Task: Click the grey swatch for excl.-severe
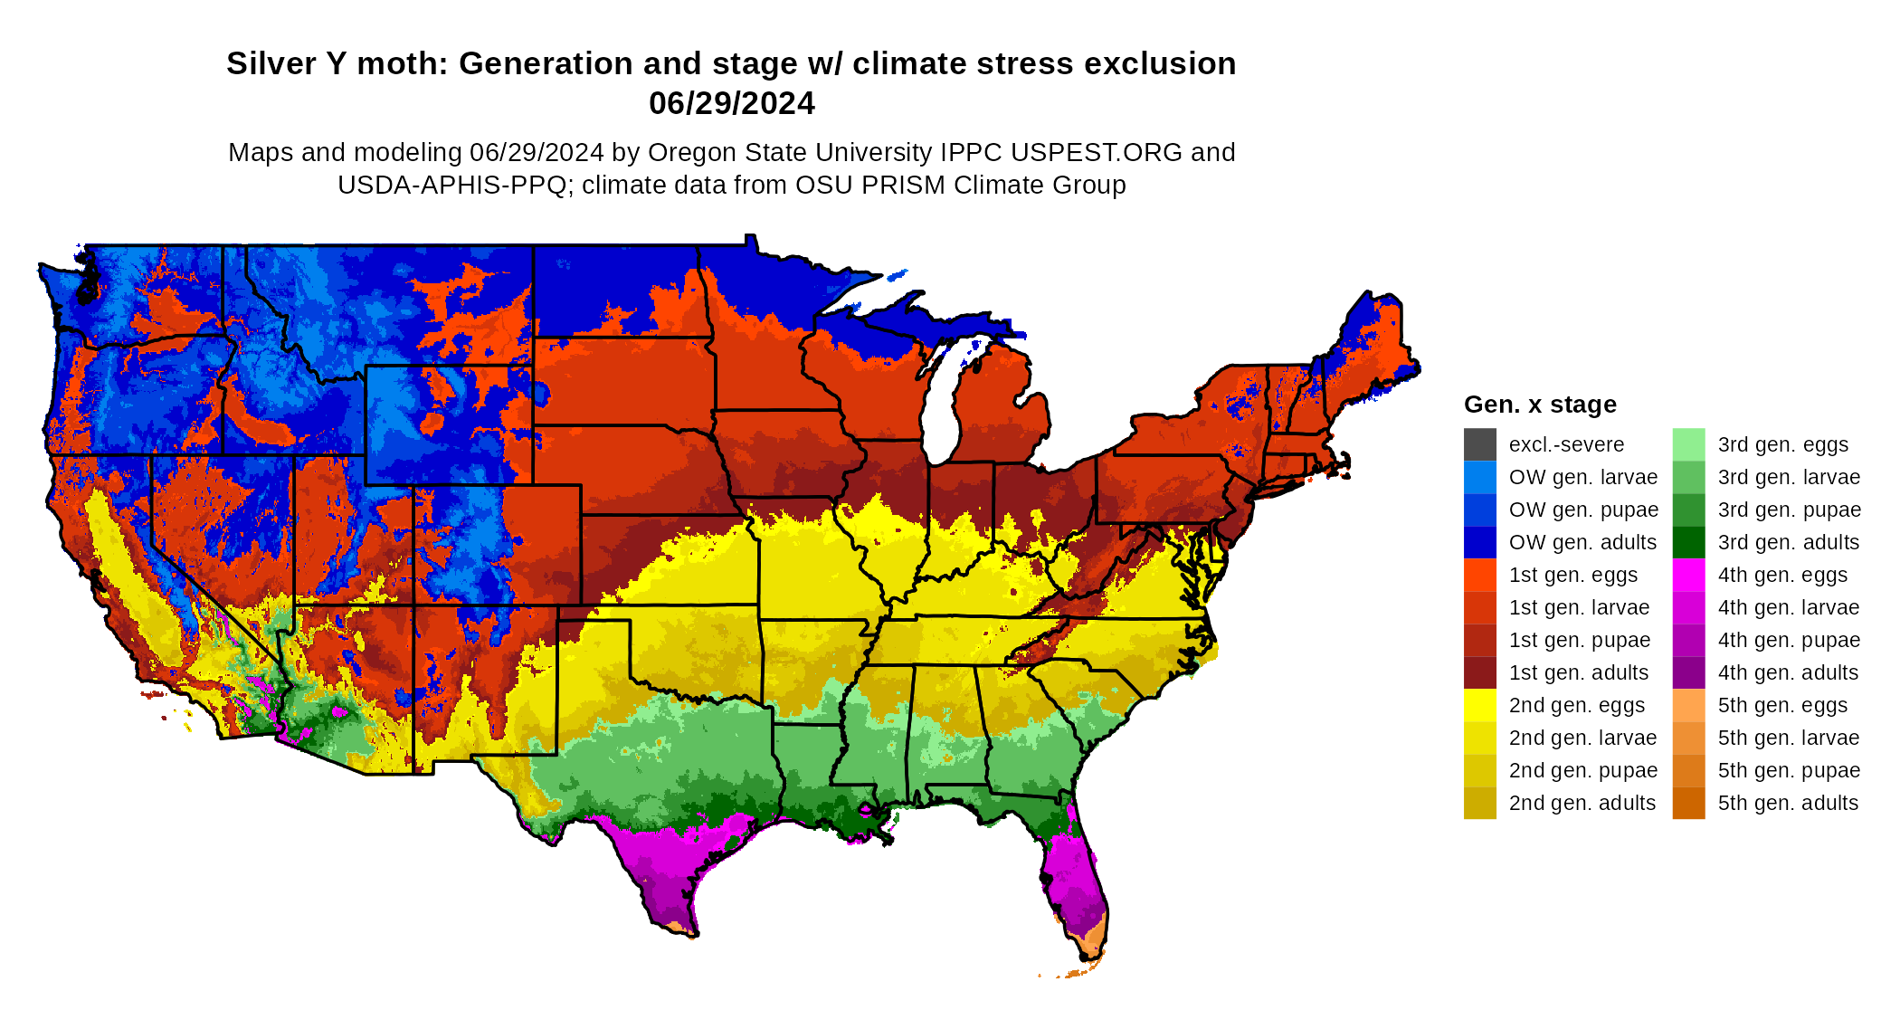click(1479, 444)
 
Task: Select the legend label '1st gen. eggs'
click(1572, 575)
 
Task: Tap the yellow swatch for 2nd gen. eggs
click(1479, 705)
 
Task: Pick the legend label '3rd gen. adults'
click(1788, 542)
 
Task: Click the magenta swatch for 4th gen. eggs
click(1688, 575)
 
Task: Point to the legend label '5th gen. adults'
click(1788, 803)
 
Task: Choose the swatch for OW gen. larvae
click(1479, 477)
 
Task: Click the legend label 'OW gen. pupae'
click(1583, 510)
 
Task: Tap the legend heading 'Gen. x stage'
click(1540, 405)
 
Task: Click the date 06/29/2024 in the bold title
click(731, 103)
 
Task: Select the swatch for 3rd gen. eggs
click(1688, 444)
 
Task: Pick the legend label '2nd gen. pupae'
click(1582, 770)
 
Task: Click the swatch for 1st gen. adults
click(1479, 672)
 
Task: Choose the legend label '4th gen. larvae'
click(1788, 607)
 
